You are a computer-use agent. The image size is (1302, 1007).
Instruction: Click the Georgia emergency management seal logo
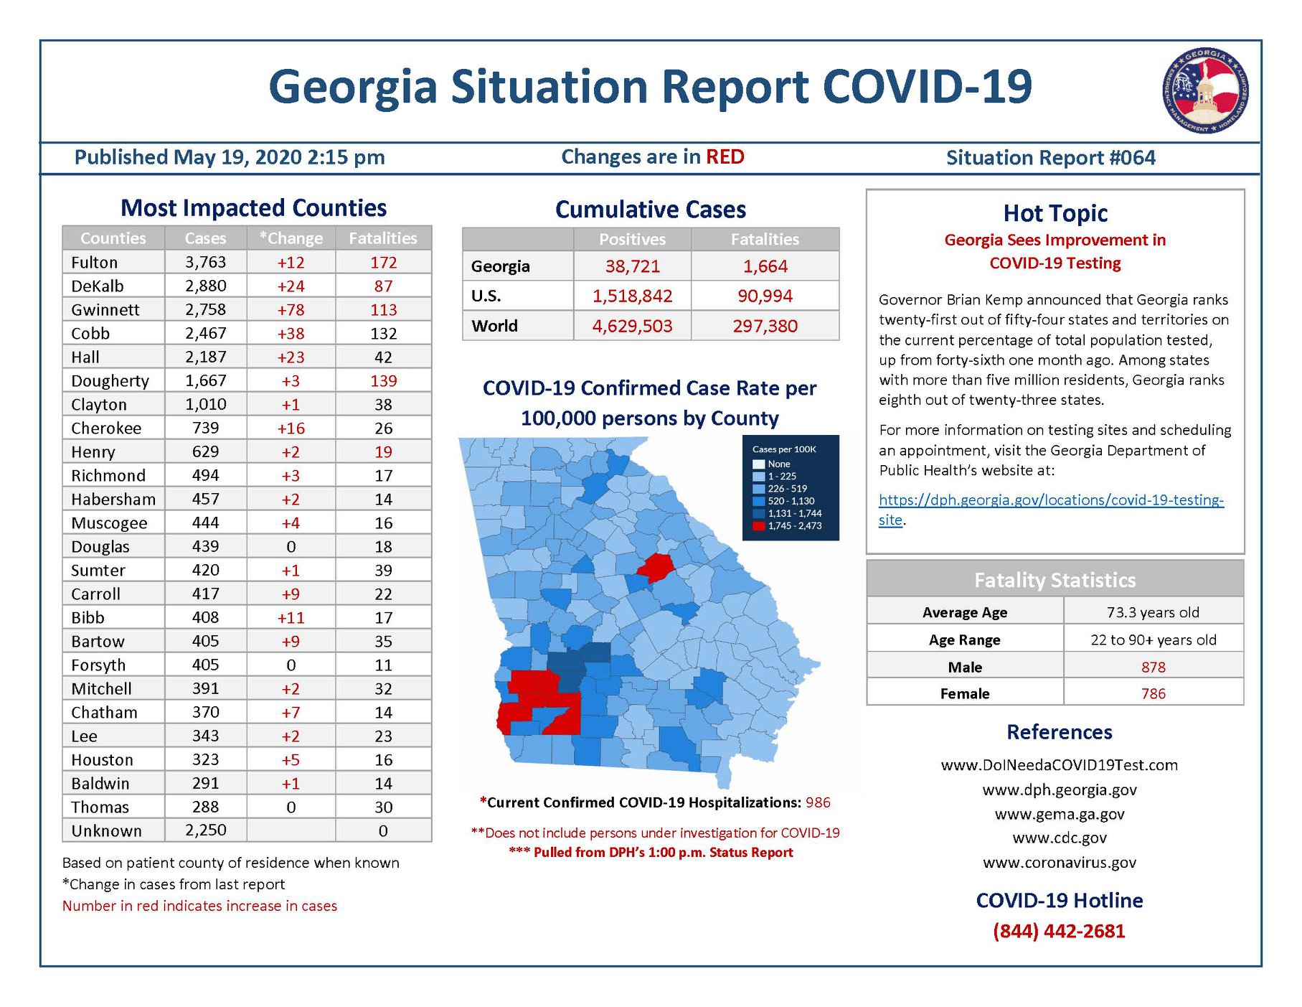[1205, 90]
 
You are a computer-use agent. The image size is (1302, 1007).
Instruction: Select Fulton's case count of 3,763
[205, 262]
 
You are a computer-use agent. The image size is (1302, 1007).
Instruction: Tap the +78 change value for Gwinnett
[291, 309]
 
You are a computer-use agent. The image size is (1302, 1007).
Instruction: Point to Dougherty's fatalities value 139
[383, 380]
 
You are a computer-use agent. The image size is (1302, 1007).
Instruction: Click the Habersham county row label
[113, 499]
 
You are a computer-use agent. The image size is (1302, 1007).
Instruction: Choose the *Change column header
[291, 238]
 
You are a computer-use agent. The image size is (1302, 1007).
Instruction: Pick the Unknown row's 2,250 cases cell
[205, 830]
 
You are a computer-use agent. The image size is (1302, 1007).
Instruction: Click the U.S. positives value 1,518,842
[632, 296]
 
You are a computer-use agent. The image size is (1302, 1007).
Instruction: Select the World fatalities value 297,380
[765, 326]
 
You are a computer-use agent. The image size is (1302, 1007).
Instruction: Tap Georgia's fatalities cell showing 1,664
[765, 266]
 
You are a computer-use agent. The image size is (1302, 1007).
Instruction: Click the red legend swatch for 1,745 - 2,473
[758, 526]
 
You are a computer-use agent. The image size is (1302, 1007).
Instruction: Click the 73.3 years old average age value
[1153, 612]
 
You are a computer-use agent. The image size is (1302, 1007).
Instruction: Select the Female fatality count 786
[1153, 693]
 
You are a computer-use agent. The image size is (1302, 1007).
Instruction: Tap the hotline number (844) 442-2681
[1059, 931]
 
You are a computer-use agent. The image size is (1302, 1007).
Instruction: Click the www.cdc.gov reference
[1059, 838]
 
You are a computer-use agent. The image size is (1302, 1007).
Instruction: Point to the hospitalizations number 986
[818, 802]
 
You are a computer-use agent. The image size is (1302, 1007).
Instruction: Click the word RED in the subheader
[725, 156]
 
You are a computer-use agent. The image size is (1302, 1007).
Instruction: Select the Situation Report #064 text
[1051, 158]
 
